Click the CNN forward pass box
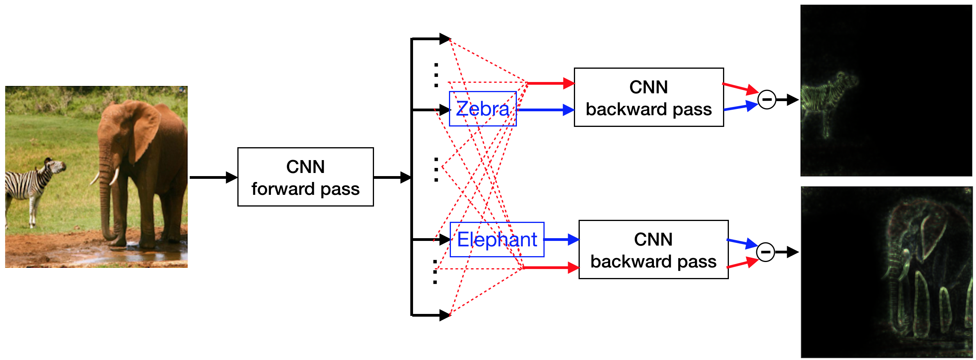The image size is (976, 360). tap(305, 177)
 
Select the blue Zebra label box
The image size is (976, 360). tap(483, 109)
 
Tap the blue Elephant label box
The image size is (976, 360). tap(497, 239)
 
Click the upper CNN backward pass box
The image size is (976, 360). tap(648, 97)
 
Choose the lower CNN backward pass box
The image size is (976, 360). tap(653, 250)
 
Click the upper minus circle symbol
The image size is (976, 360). tap(767, 100)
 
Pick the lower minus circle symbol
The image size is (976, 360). tap(766, 252)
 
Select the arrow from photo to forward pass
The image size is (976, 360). tap(213, 177)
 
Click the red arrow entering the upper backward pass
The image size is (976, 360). tap(550, 83)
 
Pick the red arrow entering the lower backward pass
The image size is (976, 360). tap(550, 267)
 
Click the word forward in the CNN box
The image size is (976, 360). tap(283, 189)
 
